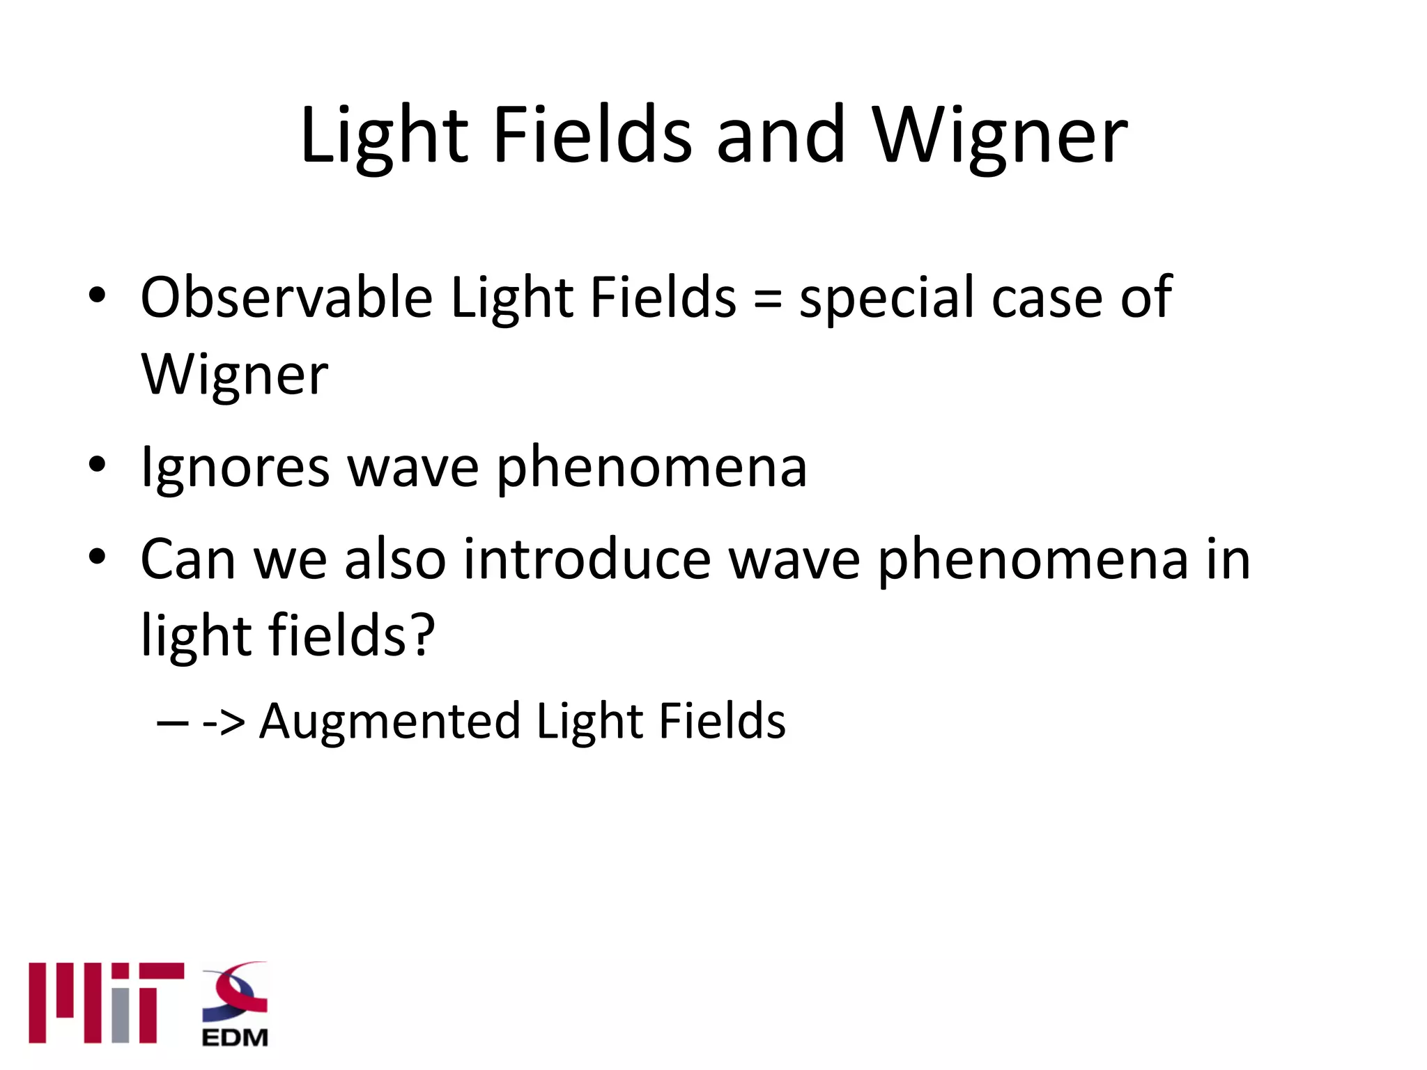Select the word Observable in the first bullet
click(287, 297)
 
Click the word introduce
click(587, 559)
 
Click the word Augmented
click(389, 721)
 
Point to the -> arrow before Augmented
click(223, 723)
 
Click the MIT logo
click(106, 1002)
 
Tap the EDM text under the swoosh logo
click(235, 1038)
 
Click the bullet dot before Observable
click(97, 295)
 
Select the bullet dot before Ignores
click(97, 464)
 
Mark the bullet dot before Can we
click(97, 556)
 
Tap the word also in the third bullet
click(395, 559)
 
